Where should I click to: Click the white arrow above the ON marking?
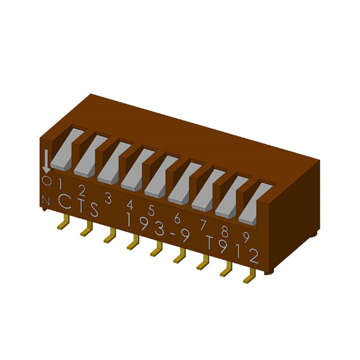pos(47,161)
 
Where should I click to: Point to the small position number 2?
pos(82,191)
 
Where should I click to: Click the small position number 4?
pos(130,204)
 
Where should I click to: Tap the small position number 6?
pos(177,218)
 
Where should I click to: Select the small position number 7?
pos(202,224)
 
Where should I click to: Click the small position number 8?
pos(224,231)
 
